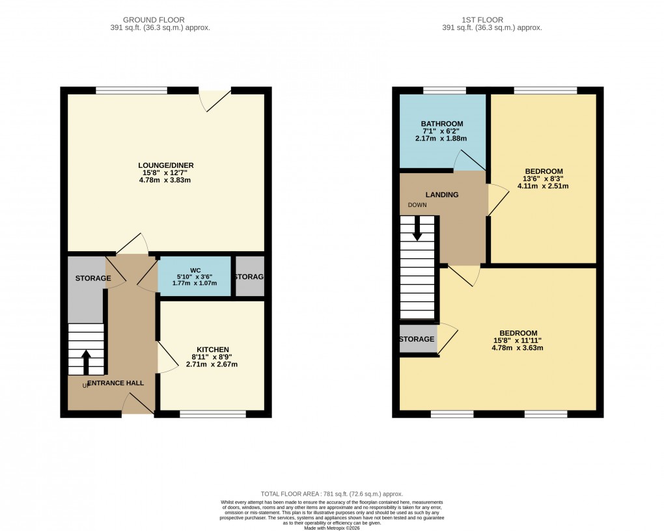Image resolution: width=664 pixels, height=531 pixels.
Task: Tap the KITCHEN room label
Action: tap(212, 349)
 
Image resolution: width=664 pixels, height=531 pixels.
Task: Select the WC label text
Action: tap(195, 270)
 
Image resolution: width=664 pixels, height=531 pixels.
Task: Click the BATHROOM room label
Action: tap(441, 124)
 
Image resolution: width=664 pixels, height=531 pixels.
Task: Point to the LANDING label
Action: tap(442, 195)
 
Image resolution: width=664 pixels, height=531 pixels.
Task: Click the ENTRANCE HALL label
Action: tap(115, 383)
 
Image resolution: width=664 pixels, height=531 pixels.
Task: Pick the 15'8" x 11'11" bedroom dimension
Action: tap(518, 340)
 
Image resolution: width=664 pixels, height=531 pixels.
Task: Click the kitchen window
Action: tap(213, 414)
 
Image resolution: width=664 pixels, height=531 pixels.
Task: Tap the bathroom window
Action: tap(445, 90)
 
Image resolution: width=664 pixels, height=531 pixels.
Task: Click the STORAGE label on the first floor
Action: tap(417, 340)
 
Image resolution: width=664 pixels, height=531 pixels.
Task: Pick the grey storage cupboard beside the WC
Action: tap(249, 277)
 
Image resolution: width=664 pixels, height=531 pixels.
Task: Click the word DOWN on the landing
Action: tap(417, 205)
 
